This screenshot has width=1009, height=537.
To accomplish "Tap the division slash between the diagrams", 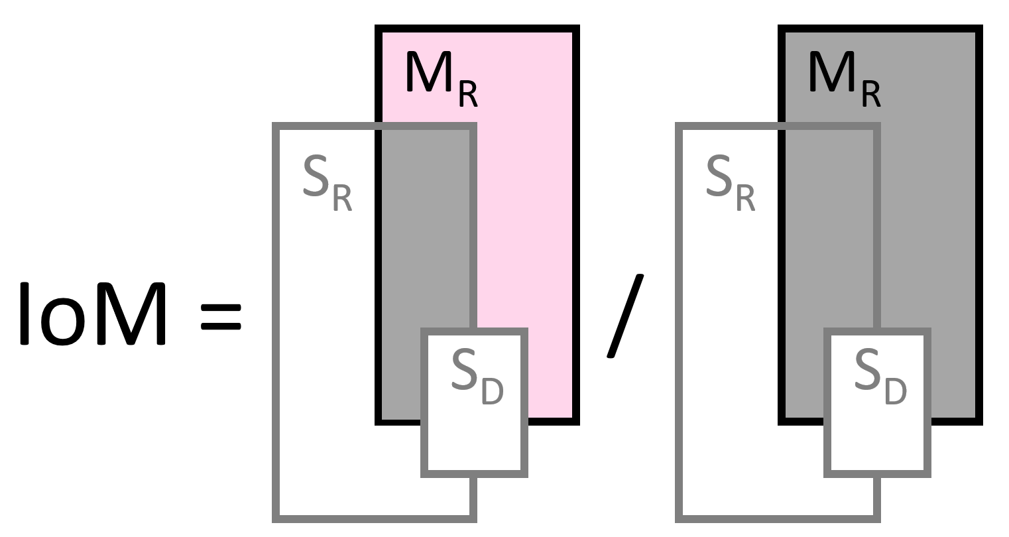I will point(624,316).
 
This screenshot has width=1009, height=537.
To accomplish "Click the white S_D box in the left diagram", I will point(475,438).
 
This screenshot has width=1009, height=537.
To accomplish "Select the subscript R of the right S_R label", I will point(745,198).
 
